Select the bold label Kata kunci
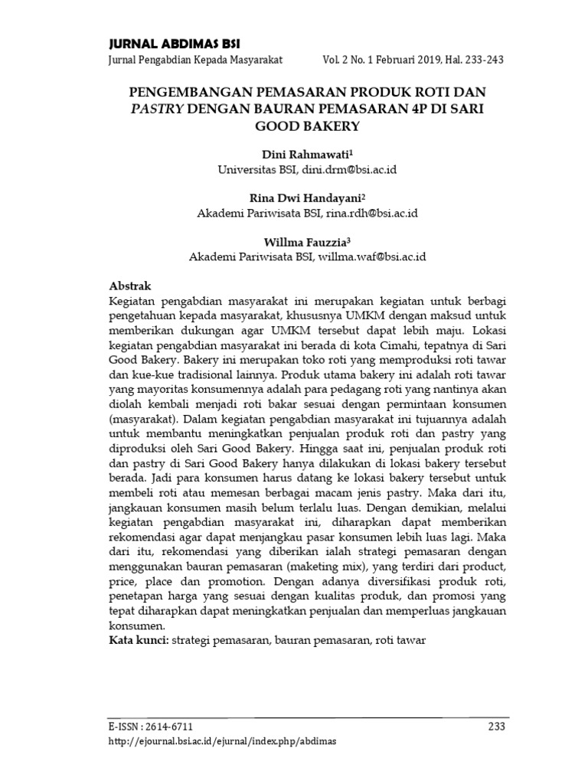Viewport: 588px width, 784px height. point(139,639)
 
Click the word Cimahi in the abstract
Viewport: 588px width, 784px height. point(389,346)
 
